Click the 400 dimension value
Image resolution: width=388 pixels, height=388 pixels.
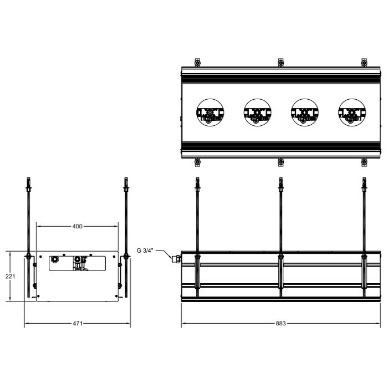tap(77, 226)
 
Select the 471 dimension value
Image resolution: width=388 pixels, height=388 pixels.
tap(77, 324)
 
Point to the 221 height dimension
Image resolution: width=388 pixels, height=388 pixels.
tap(11, 276)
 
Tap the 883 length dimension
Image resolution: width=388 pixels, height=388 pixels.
tap(281, 324)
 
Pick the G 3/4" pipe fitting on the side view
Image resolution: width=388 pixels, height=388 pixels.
tap(177, 258)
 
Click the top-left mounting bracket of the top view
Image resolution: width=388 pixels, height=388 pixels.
tap(197, 62)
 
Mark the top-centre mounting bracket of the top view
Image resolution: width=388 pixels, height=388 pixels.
tap(280, 62)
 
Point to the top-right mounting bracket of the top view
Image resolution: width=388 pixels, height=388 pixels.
tap(364, 62)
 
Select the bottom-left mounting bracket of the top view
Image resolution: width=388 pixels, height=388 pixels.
tap(197, 162)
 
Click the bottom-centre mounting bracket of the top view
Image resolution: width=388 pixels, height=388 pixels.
tap(280, 162)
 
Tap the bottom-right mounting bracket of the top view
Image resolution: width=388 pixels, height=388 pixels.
tap(364, 162)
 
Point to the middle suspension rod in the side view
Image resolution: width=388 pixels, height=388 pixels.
tap(280, 222)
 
